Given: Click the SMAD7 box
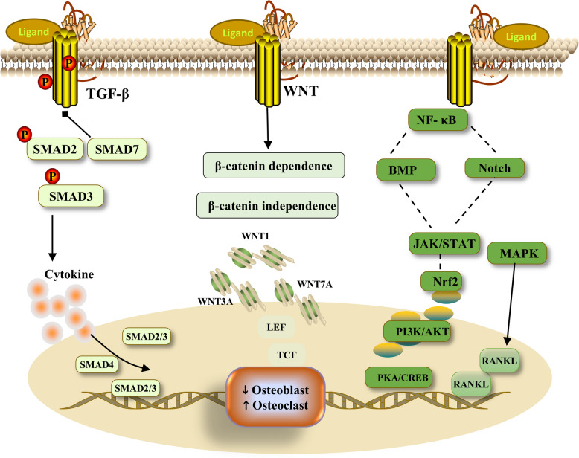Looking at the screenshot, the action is coord(117,149).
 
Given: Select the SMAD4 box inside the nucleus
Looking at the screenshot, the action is coord(97,365).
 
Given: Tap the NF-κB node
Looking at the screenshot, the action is coord(438,120).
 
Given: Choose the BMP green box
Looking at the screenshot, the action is coord(406,170).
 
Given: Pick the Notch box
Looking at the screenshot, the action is coord(494,168).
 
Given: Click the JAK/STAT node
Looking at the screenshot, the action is coord(444,243).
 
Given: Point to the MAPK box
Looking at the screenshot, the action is coord(517,254).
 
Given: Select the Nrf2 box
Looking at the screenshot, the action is coord(441,282).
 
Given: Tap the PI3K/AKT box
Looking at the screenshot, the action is coord(417,332).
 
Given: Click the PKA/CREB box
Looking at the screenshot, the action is coord(398,378).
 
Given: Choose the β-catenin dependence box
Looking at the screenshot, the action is coord(274,166).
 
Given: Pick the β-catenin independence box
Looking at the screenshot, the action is coord(267,205).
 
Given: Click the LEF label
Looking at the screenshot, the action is coord(276,327).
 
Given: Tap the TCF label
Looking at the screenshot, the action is coord(287,355).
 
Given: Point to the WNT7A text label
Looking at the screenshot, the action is coord(315,284).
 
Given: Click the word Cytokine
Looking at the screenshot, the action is coord(69,274).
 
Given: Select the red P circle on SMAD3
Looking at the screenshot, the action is coord(52,176).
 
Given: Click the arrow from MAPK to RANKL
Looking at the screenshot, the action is coord(511,304).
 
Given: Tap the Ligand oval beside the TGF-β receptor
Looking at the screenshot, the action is coord(33,32).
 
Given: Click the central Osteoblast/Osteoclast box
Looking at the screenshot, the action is coord(275,397).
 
